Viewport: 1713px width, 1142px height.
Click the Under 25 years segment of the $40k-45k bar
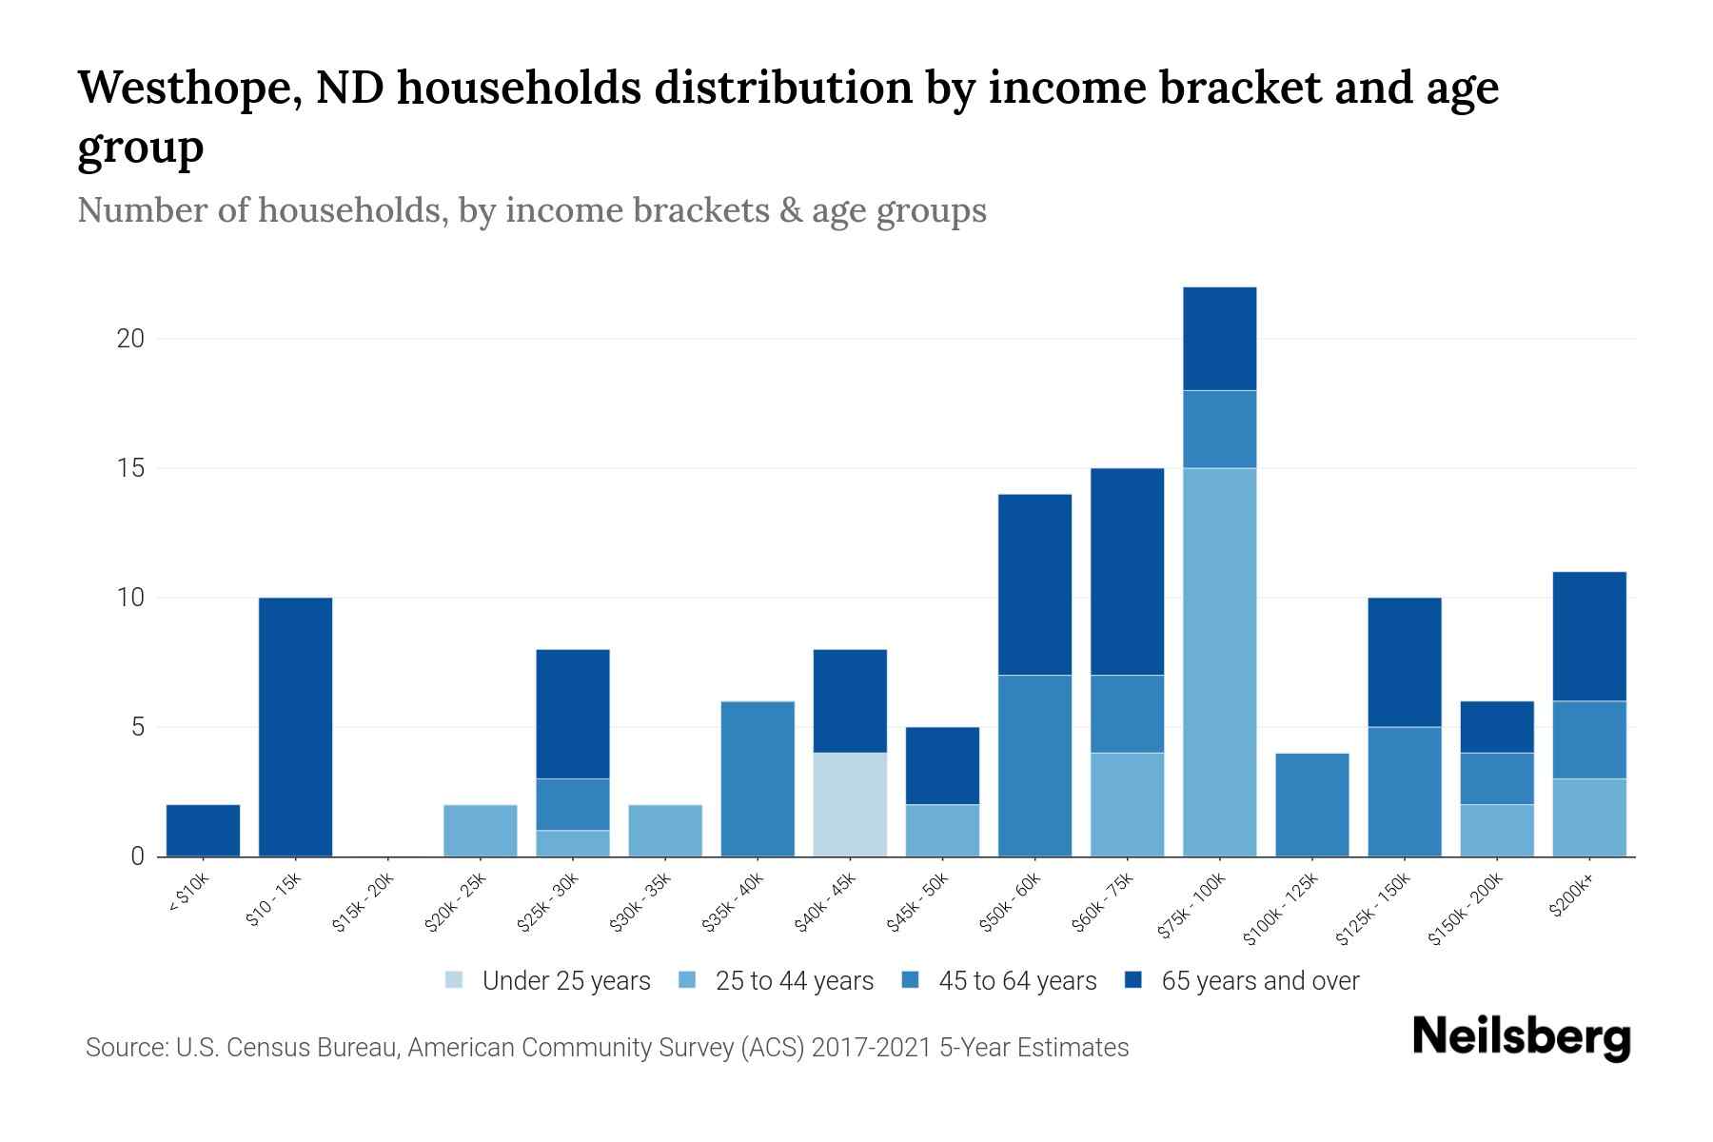click(x=850, y=804)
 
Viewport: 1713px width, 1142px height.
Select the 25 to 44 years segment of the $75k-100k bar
click(x=1219, y=661)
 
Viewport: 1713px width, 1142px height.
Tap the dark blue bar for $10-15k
click(x=295, y=727)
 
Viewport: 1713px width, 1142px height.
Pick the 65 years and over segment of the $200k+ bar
click(x=1588, y=636)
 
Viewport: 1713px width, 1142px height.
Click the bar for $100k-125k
click(x=1311, y=804)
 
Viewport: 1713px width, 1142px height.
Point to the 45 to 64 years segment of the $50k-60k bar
click(x=1034, y=765)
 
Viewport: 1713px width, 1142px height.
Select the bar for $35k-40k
click(x=758, y=778)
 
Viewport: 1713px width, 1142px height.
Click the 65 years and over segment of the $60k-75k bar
click(x=1127, y=571)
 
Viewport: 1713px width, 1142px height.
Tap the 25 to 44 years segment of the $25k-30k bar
click(x=573, y=843)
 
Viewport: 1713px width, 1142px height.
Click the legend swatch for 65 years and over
click(x=1133, y=980)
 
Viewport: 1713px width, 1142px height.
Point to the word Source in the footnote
click(x=125, y=1048)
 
